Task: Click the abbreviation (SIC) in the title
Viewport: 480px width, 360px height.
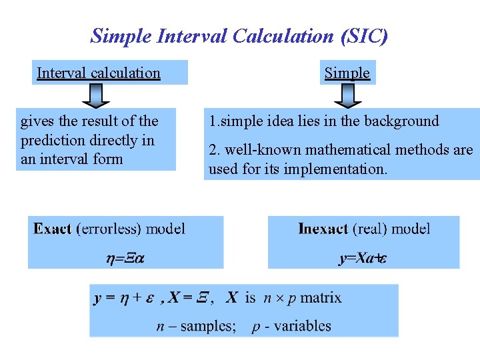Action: [363, 35]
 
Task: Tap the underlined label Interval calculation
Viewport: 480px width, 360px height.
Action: [99, 73]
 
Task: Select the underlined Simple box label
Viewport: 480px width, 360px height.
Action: [347, 73]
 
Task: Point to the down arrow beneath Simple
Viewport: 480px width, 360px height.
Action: [347, 95]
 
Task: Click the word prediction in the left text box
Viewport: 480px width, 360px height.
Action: [51, 140]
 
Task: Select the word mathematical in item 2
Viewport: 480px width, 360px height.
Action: [341, 150]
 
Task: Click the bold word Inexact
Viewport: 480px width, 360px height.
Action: [323, 229]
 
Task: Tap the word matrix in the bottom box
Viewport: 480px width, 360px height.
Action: [321, 298]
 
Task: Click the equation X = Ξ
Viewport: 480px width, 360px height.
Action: [189, 298]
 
